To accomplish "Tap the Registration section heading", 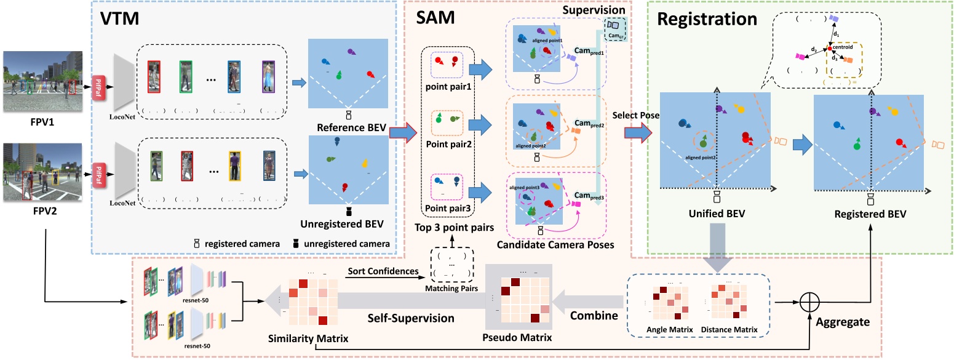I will (x=707, y=20).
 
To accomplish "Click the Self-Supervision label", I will (x=402, y=319).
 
